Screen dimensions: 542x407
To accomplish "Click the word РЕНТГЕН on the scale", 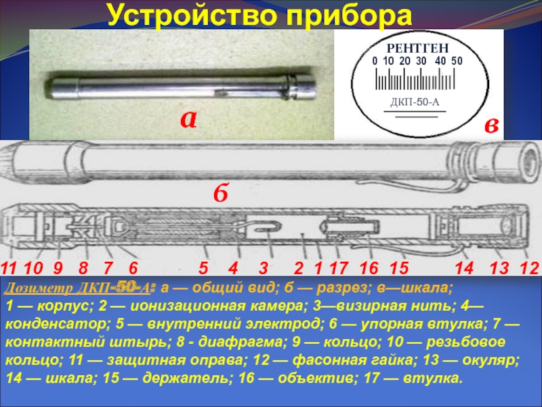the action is coord(417,48).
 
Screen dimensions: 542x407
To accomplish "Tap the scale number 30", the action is coord(421,61).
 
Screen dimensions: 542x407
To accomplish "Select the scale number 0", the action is coord(375,61).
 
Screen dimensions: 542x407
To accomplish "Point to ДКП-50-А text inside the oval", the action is coord(415,102).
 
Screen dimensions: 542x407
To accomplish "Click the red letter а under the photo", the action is coord(189,119).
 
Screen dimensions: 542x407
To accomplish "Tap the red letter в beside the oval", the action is coord(491,125).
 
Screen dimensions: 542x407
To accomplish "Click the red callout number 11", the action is coord(8,268).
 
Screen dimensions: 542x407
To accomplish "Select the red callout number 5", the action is coord(203,268).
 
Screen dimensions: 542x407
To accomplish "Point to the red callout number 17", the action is coord(338,268).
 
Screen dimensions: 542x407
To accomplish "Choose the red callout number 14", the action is coord(464,268).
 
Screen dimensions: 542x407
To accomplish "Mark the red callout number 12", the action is coord(529,268).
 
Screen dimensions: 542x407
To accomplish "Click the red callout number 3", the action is coord(264,268).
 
